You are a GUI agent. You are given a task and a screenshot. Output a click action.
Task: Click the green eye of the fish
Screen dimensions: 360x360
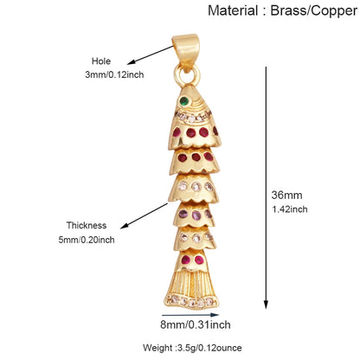pos(184,101)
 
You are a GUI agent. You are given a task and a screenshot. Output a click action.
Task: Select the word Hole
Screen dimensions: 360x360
pos(101,61)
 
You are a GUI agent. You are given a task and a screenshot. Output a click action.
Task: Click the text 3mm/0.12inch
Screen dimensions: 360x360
pos(114,74)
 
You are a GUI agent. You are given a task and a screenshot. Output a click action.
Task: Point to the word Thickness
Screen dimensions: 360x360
pos(87,225)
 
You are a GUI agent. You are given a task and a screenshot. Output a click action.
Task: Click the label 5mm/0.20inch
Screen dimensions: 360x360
pos(87,240)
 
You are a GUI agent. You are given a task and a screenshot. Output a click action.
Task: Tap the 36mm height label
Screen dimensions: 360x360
pos(286,196)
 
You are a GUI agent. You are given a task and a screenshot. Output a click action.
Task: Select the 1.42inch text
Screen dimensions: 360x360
pos(290,209)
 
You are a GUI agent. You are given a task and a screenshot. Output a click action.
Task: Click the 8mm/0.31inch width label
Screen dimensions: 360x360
pos(196,325)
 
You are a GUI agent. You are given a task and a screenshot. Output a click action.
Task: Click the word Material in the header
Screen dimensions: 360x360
pos(233,11)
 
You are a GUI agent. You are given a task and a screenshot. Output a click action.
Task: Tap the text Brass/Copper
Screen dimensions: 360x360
pos(314,11)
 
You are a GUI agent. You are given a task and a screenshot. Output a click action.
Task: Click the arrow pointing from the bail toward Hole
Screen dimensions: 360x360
pos(151,55)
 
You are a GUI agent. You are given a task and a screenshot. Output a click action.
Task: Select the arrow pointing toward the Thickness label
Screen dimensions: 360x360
pos(144,215)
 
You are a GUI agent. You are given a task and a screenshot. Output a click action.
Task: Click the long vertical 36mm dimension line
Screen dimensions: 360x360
pos(266,188)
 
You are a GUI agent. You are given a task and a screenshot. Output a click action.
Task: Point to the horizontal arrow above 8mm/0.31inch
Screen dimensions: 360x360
pos(190,315)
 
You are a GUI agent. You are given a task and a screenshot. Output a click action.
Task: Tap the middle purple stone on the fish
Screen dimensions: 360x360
pos(196,215)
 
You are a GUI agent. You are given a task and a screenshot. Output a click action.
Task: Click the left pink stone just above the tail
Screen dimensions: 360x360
pos(185,260)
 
